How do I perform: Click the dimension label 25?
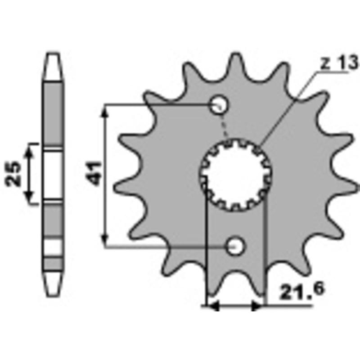coord(13,173)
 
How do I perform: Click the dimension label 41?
coord(94,173)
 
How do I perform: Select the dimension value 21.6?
coord(301,291)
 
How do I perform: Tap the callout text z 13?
coord(339,63)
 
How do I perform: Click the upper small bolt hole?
coord(220,104)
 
